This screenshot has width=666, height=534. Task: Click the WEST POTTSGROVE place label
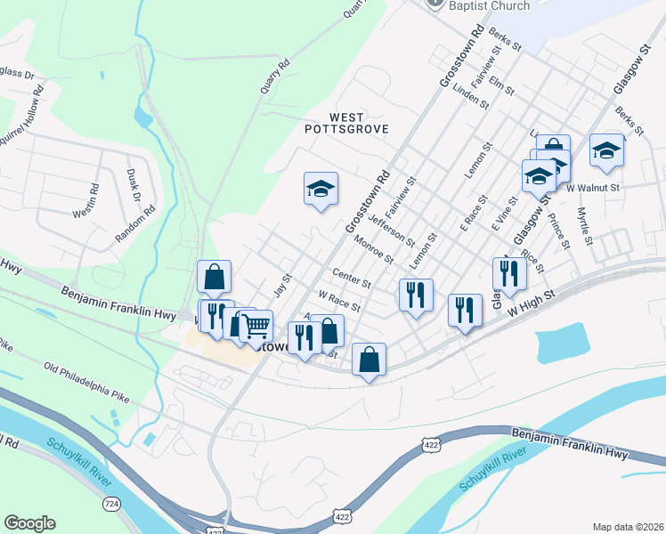(334, 123)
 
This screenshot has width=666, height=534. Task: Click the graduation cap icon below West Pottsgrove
(321, 189)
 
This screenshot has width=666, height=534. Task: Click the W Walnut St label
(592, 188)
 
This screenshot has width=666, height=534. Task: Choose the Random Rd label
(134, 226)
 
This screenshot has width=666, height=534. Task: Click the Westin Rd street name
(93, 199)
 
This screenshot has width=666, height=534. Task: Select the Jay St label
(283, 286)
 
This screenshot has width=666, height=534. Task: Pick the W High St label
(525, 309)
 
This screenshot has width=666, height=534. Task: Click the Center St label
(352, 278)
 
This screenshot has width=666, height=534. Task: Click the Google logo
(29, 523)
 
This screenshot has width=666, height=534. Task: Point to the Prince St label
(558, 231)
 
